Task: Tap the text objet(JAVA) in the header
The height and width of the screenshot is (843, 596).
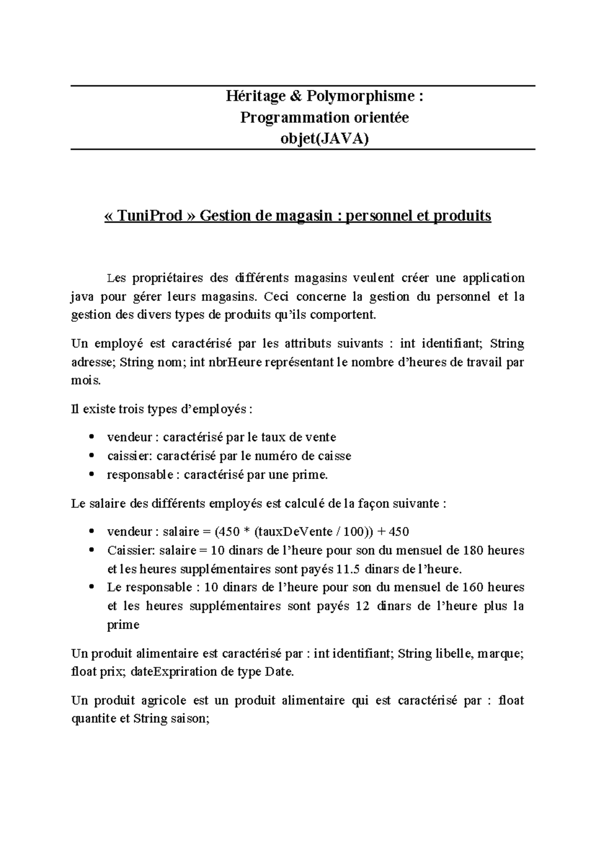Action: (x=325, y=139)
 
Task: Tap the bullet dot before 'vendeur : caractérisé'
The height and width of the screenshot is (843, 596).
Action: (x=91, y=437)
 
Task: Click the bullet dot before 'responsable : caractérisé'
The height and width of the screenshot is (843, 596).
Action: (x=91, y=475)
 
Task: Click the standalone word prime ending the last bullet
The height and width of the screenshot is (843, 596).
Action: (x=123, y=625)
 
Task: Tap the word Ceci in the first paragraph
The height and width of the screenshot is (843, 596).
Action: (x=276, y=297)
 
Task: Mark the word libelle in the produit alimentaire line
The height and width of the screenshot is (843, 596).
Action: (x=453, y=653)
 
